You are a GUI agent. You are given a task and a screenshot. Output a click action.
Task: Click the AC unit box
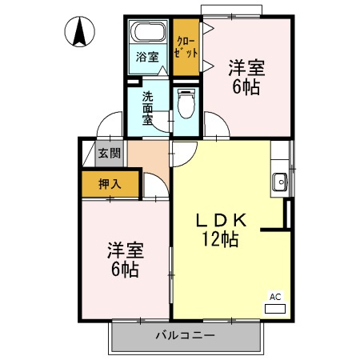point(274,301)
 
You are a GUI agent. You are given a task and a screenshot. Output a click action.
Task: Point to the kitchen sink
point(280,182)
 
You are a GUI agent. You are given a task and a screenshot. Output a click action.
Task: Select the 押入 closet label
point(110,184)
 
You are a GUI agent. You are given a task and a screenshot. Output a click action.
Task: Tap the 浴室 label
point(147,57)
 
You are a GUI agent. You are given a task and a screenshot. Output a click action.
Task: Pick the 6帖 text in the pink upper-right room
point(246,86)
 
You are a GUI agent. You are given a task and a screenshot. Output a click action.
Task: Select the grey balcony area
point(186,336)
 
